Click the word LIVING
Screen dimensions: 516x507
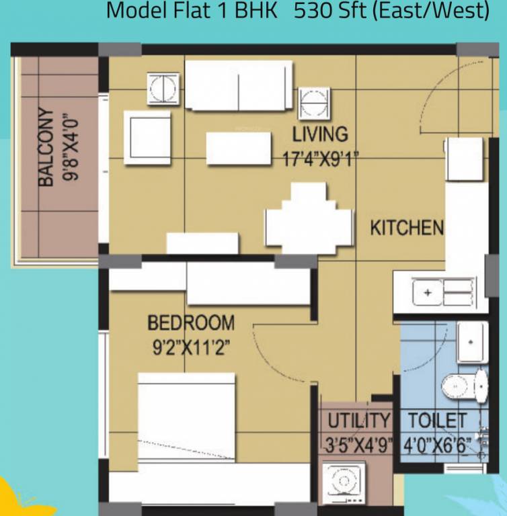[321, 134]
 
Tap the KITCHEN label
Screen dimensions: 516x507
[407, 228]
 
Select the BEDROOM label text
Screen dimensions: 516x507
[191, 323]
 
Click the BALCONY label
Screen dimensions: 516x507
[46, 147]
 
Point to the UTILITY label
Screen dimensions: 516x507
[358, 421]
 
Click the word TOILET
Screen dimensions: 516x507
[438, 421]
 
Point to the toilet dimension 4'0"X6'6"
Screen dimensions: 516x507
[438, 444]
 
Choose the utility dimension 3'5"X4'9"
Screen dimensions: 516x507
[358, 444]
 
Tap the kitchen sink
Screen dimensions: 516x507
[441, 292]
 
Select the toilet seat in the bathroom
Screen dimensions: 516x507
[461, 385]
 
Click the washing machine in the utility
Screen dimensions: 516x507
[344, 482]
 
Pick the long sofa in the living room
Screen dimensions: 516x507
[239, 86]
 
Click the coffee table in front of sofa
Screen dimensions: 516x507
[238, 144]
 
